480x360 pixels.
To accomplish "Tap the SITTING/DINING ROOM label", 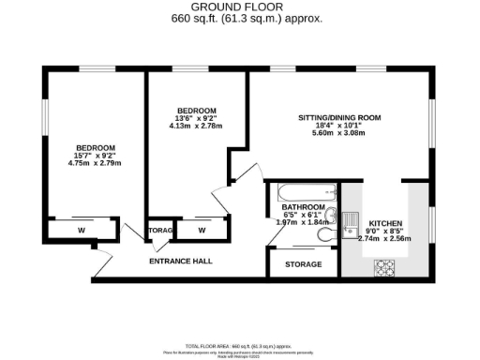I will pyautogui.click(x=339, y=118).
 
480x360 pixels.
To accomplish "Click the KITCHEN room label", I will pyautogui.click(x=385, y=224).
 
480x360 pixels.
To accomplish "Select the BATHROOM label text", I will pyautogui.click(x=304, y=207).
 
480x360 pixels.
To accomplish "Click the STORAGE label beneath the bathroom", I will pyautogui.click(x=303, y=265).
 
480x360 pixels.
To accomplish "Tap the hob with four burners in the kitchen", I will pyautogui.click(x=384, y=268).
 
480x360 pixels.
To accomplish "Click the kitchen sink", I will pyautogui.click(x=349, y=222).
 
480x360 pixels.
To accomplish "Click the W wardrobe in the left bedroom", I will pyautogui.click(x=82, y=230).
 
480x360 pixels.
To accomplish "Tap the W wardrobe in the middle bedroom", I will pyautogui.click(x=202, y=230).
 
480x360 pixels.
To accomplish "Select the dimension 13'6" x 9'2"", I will pyautogui.click(x=197, y=118).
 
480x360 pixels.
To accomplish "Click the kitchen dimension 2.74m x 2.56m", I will pyautogui.click(x=385, y=239).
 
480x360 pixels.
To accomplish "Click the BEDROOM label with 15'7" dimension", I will pyautogui.click(x=96, y=148).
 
